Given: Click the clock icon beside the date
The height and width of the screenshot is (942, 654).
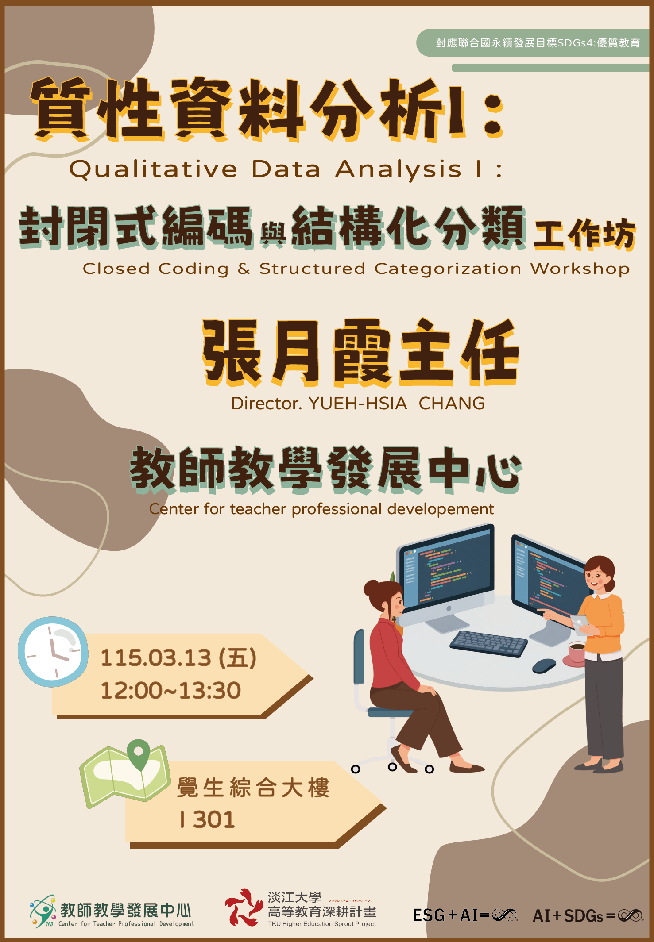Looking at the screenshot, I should click(x=53, y=651).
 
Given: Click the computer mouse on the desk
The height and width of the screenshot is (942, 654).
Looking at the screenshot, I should click(x=544, y=665).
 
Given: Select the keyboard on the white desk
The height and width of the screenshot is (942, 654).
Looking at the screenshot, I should click(x=488, y=643).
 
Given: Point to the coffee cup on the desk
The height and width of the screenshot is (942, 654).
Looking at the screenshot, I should click(x=577, y=652).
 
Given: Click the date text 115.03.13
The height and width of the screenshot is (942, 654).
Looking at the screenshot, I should click(x=155, y=658).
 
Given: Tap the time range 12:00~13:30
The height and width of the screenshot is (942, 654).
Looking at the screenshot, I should click(x=170, y=691).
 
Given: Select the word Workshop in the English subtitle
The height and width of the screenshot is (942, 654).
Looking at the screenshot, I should click(x=580, y=269).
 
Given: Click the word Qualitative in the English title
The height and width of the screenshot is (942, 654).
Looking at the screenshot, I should click(x=153, y=169).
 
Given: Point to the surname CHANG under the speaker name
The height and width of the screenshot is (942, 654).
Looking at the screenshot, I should click(x=452, y=404).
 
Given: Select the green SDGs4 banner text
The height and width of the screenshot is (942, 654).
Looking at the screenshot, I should click(x=538, y=43).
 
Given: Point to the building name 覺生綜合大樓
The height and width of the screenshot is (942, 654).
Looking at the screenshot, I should click(x=253, y=788).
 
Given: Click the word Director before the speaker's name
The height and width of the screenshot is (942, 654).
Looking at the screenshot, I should click(x=266, y=404).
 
